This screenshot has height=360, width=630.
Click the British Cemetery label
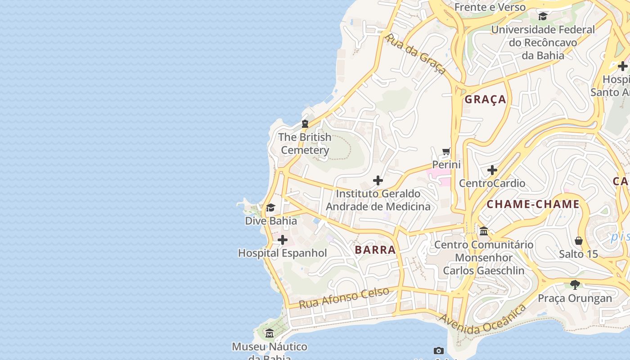coord(305,144)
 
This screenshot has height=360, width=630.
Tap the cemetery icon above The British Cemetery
coord(305,124)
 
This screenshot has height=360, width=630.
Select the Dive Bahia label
coord(271,221)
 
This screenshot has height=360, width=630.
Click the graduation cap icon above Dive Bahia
coord(270,207)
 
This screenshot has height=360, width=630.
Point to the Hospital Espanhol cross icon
coord(283,240)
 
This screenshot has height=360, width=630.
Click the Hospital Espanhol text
coord(283,253)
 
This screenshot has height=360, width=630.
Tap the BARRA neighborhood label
coord(375,250)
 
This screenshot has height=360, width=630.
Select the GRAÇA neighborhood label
coord(486,99)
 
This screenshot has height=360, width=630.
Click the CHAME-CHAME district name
coord(533,204)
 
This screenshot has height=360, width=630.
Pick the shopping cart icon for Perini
coord(446,151)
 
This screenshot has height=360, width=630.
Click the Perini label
coord(446,165)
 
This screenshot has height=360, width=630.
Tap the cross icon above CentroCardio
coord(492,170)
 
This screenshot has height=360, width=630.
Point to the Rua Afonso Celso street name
coord(344,297)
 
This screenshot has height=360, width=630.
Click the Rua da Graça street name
coord(415,54)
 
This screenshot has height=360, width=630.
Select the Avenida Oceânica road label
coord(483,320)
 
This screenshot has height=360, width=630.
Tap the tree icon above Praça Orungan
coord(575,284)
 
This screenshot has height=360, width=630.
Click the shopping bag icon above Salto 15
coord(579,241)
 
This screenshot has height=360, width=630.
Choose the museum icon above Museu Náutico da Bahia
coord(270,333)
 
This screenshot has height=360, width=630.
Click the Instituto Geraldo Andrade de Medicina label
coord(378,200)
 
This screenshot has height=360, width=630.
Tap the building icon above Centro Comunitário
coord(484,231)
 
